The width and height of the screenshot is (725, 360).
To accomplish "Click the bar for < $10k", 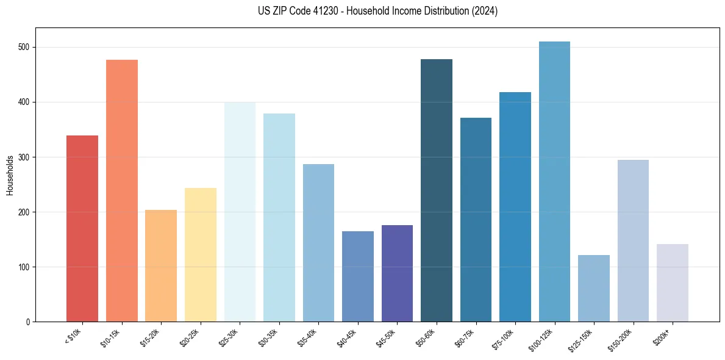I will (82, 229).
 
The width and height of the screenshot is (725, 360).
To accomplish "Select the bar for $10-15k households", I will (122, 190).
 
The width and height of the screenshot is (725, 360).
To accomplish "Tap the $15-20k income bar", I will (161, 266).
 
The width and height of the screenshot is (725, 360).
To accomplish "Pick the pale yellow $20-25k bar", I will (201, 255).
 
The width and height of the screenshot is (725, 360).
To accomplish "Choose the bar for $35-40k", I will (318, 243).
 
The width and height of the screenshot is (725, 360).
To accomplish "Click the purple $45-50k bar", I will (397, 273).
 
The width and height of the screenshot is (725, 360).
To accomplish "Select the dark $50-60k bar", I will (437, 190).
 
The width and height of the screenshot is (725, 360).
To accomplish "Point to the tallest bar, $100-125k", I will (554, 182).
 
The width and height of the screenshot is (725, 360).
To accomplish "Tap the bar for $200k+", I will (673, 283).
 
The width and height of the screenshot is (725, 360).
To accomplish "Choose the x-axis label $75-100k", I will (504, 338).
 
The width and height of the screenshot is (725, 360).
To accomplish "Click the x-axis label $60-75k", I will (465, 337).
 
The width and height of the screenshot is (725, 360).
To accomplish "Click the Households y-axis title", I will (10, 175).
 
